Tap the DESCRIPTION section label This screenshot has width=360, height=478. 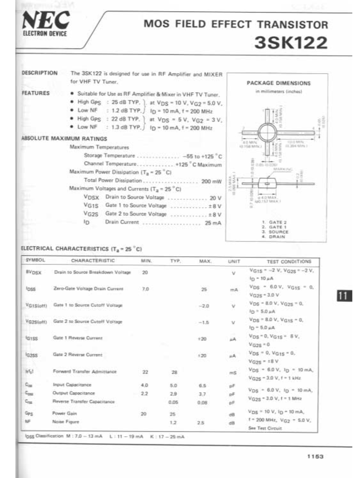(x=39, y=73)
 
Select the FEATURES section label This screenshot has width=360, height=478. (x=36, y=93)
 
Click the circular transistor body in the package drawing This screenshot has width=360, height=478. (x=267, y=132)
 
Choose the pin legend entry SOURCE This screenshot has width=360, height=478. (x=278, y=232)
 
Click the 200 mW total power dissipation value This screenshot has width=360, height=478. (x=211, y=181)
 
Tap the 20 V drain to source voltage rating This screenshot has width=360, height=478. (x=215, y=198)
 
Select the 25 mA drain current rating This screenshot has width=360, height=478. (x=213, y=223)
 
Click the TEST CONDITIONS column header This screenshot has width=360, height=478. (x=289, y=261)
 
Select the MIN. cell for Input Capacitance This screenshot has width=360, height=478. (x=144, y=385)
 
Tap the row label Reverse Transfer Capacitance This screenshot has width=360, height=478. (x=84, y=402)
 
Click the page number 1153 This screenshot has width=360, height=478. (x=315, y=457)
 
